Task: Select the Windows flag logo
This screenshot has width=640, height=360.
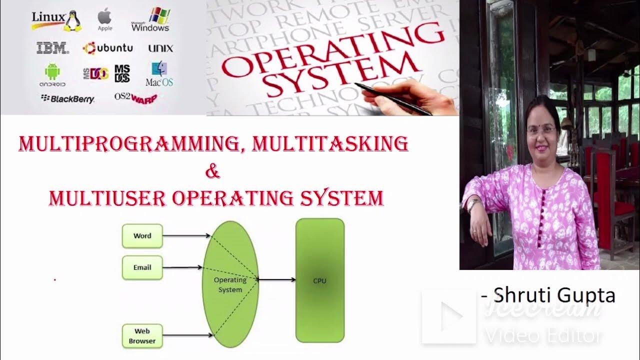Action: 159,15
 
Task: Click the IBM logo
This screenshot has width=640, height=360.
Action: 52,48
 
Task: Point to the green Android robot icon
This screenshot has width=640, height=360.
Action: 52,71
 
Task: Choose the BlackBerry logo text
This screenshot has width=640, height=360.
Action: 67,99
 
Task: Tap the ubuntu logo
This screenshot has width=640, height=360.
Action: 108,48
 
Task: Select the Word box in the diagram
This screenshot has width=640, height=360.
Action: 142,236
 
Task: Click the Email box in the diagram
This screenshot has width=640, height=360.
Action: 142,267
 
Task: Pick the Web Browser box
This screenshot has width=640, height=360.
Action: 142,336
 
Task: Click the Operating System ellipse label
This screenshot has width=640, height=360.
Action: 230,284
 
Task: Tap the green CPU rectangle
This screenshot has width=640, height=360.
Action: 319,280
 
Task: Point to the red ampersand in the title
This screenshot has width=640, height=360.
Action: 212,171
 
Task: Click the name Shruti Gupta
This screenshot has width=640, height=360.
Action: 554,295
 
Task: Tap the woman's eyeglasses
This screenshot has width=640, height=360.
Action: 541,129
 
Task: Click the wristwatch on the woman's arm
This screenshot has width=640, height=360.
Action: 473,203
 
